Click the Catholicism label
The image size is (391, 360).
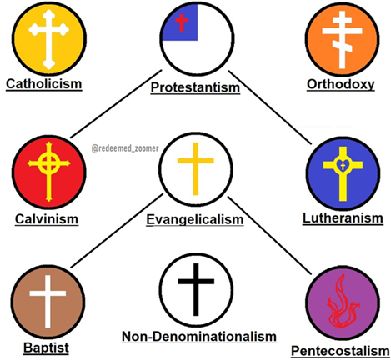pyautogui.click(x=44, y=84)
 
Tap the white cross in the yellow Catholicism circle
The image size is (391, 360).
pyautogui.click(x=48, y=39)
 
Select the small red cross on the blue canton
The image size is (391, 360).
pyautogui.click(x=181, y=22)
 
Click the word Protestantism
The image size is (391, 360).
pyautogui.click(x=195, y=87)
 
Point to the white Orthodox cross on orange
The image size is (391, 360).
pyautogui.click(x=342, y=40)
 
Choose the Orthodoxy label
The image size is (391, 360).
pyautogui.click(x=341, y=84)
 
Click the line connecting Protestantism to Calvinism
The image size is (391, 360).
pyautogui.click(x=116, y=103)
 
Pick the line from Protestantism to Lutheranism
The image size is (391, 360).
pyautogui.click(x=270, y=107)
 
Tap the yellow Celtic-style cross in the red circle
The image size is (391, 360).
pyautogui.click(x=49, y=172)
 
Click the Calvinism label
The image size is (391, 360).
pyautogui.click(x=47, y=219)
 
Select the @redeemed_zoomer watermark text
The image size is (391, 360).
pyautogui.click(x=125, y=148)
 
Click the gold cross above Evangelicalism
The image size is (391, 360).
pyautogui.click(x=196, y=168)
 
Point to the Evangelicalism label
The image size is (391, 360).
pyautogui.click(x=195, y=219)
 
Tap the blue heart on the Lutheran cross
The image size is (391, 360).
pyautogui.click(x=343, y=166)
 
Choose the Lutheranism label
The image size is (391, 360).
pyautogui.click(x=343, y=218)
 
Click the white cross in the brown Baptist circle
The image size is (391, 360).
pyautogui.click(x=48, y=302)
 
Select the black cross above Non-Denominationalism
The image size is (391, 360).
pyautogui.click(x=196, y=289)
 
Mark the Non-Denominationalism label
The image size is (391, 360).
pyautogui.click(x=199, y=337)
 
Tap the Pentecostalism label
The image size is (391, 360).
pyautogui.click(x=340, y=351)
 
